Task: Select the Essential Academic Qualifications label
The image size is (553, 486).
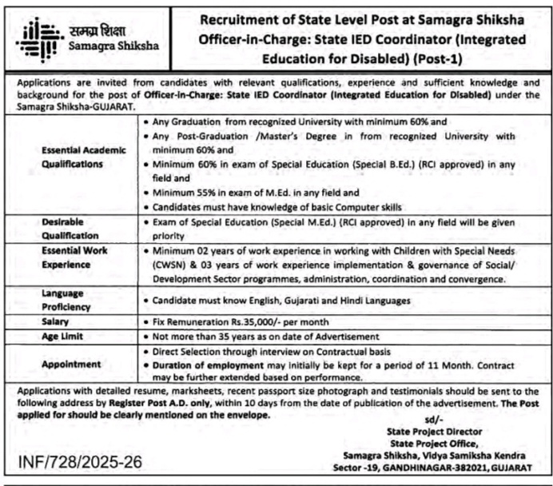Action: pos(72,156)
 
